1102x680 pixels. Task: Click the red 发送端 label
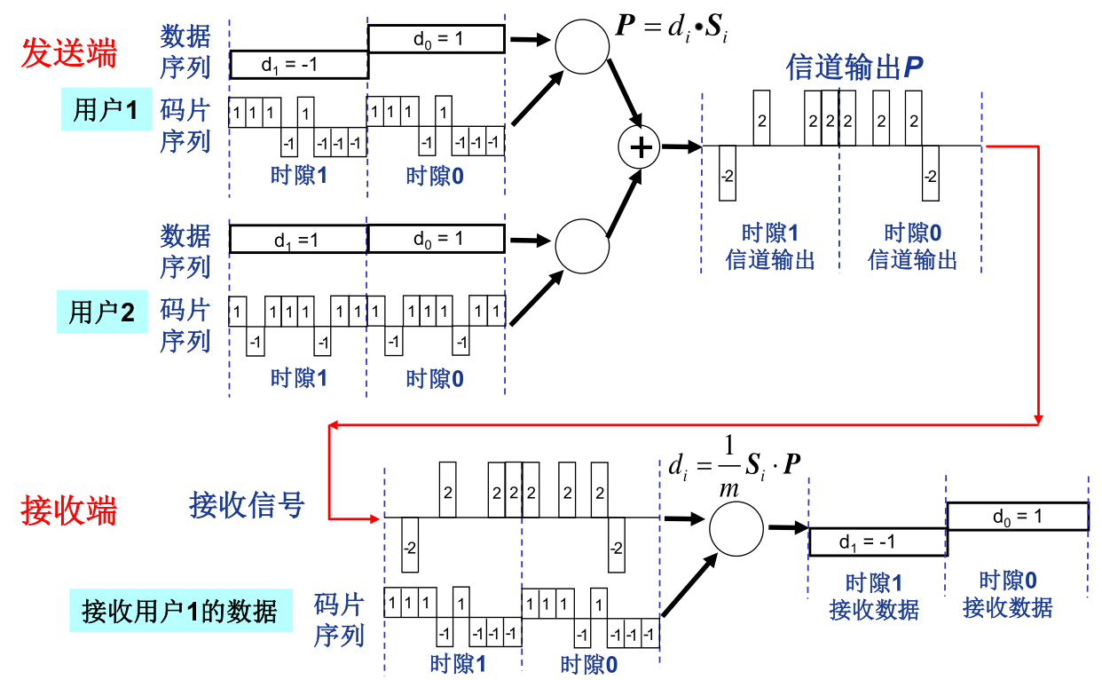69,53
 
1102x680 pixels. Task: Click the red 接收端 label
69,511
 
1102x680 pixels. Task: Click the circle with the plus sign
640,147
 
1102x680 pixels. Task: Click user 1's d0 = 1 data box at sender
437,38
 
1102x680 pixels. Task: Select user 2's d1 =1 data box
298,240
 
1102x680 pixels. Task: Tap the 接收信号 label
247,504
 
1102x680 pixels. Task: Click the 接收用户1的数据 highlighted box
180,611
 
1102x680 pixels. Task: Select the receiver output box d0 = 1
1018,517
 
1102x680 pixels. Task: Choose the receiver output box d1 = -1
878,542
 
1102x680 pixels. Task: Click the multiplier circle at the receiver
736,529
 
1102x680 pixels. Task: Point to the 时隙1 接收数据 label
874,597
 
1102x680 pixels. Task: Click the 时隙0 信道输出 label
912,246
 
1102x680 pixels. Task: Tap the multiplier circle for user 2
582,246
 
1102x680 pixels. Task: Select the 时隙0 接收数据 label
1008,594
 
